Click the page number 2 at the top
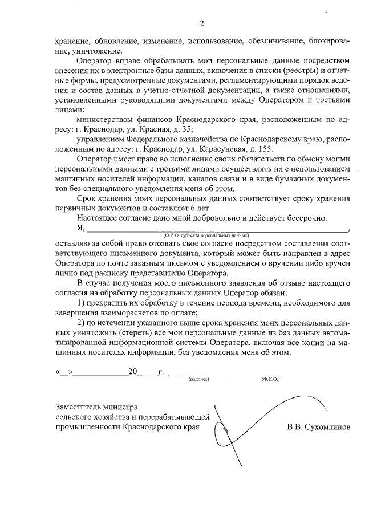coord(201,23)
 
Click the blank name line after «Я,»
coord(217,230)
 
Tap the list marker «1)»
coord(82,302)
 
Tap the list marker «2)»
coord(82,322)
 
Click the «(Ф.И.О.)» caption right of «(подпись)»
coord(268,379)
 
